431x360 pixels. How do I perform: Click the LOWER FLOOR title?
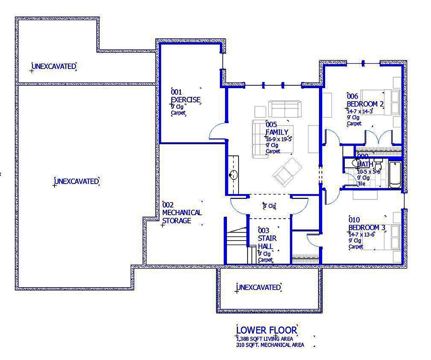click(267, 330)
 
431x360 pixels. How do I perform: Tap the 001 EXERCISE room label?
click(185, 97)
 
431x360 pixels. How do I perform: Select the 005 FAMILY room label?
click(277, 128)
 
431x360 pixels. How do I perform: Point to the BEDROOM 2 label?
click(365, 104)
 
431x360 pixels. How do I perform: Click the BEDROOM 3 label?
click(366, 227)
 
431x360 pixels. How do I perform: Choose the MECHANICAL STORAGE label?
click(181, 217)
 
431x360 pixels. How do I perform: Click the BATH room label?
click(365, 164)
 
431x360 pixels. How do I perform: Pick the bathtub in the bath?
click(395, 175)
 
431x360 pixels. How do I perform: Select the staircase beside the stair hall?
click(236, 244)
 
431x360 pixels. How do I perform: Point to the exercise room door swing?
click(217, 131)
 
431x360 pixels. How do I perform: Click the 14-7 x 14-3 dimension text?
click(360, 111)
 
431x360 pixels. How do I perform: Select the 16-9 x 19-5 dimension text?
click(279, 139)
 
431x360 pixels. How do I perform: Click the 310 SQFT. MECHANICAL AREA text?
click(270, 345)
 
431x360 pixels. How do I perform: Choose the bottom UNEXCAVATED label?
click(259, 287)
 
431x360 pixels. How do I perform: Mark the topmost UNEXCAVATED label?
click(54, 66)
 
